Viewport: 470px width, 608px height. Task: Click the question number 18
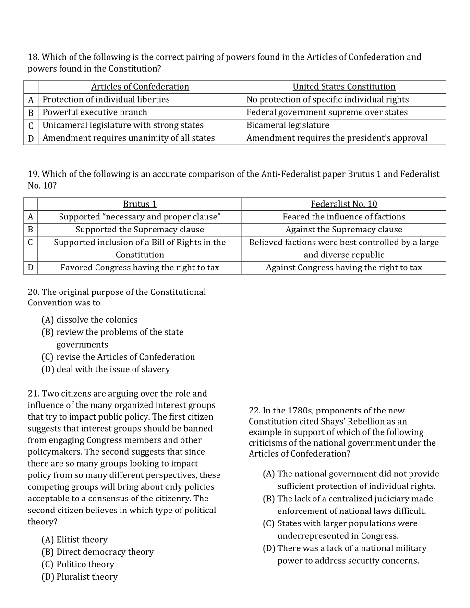[x=33, y=57]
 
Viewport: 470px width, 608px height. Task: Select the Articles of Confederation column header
[x=140, y=87]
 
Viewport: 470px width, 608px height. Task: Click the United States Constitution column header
[x=344, y=87]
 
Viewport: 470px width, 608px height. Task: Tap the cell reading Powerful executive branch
[x=95, y=112]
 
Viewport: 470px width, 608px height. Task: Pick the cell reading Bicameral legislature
[x=288, y=125]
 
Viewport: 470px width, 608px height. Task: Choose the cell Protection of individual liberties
[x=106, y=100]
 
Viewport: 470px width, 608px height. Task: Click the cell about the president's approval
[x=337, y=138]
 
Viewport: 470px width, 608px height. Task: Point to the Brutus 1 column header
[x=140, y=204]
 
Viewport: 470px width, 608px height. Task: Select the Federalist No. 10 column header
[x=344, y=204]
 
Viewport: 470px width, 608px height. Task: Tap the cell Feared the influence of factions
[x=344, y=217]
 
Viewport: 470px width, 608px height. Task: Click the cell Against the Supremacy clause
[x=344, y=230]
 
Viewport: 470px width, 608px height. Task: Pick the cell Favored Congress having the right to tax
[x=140, y=268]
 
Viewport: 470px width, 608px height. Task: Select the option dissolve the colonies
[x=90, y=320]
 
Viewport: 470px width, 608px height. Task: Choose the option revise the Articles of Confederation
[x=119, y=357]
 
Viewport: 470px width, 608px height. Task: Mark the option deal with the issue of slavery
[x=106, y=370]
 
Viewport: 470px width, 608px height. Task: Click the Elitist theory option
[x=75, y=540]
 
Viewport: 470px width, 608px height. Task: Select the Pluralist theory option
[x=80, y=577]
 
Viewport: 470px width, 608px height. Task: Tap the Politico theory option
[x=78, y=565]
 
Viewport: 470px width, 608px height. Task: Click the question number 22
[x=254, y=411]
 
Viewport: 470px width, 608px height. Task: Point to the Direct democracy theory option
[x=98, y=552]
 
